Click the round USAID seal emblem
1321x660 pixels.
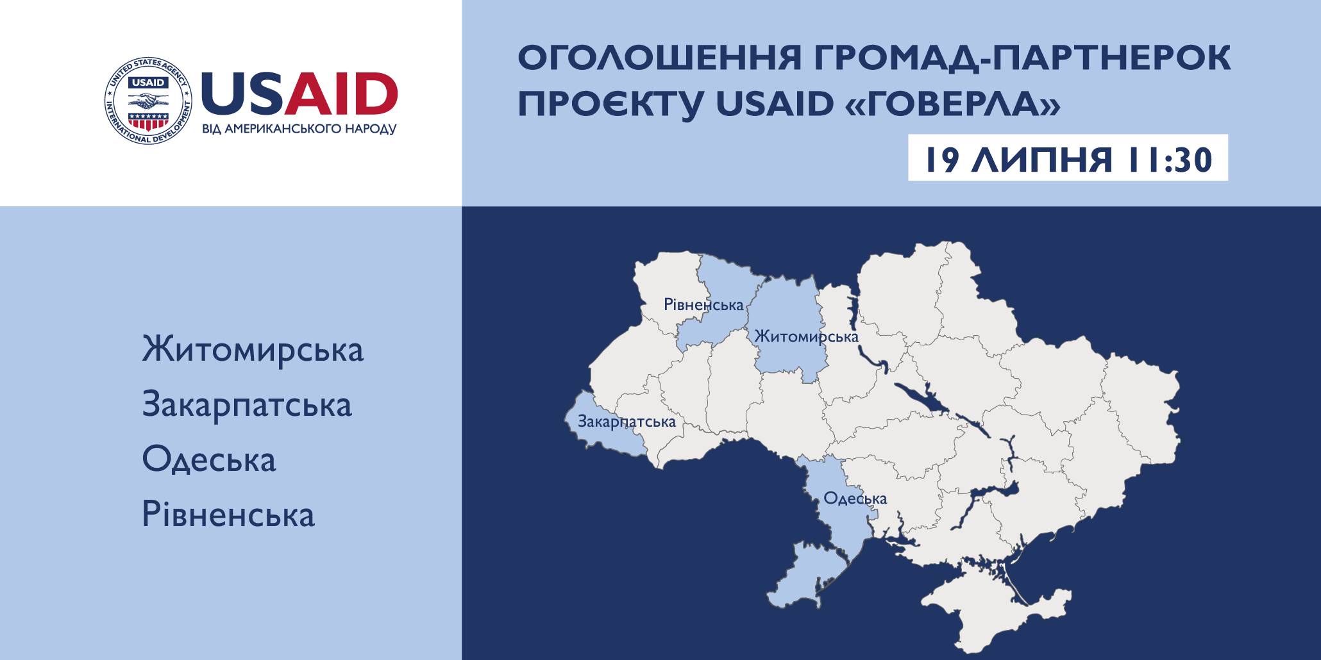pos(148,101)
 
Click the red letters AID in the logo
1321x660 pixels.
pos(341,93)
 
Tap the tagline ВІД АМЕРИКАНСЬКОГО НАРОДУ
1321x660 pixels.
pos(299,129)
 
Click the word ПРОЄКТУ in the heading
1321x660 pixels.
pos(610,104)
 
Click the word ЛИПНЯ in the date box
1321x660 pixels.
pos(1041,160)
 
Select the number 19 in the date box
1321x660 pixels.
pos(941,160)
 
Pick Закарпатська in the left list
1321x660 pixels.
pos(247,405)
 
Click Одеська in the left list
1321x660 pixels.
pos(209,459)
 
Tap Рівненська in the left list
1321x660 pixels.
pos(228,515)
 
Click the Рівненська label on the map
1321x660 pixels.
pos(703,304)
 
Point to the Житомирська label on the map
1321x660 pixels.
pos(806,336)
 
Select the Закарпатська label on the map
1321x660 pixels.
pos(627,422)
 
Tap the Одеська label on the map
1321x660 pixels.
pos(855,498)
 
